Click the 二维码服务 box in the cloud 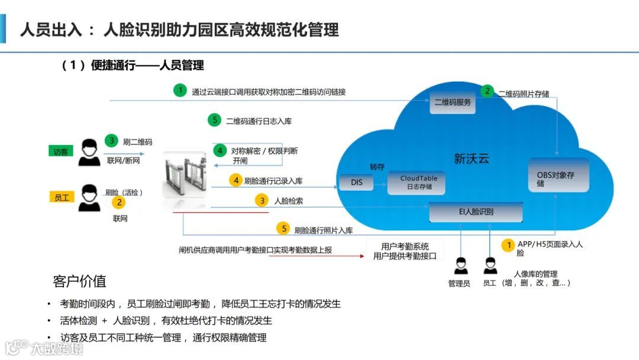coord(453,102)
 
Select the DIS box coord(357,182)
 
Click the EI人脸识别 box coord(476,211)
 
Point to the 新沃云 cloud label coord(472,158)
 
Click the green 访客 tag coord(61,152)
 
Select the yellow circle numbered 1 coord(508,245)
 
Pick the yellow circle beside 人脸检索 coord(261,201)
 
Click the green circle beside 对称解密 coord(220,150)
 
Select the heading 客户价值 coord(79,281)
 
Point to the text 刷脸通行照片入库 coord(323,230)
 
